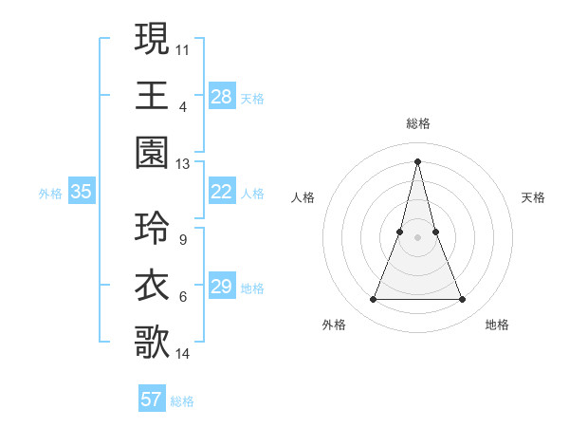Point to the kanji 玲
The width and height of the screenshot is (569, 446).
point(152,229)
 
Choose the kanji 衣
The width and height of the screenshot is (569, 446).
point(152,286)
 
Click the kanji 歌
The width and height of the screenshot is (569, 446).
point(152,343)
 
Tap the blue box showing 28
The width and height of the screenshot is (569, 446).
point(221,97)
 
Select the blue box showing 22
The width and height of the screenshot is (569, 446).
point(221,193)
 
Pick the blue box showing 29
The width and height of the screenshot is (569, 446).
point(221,288)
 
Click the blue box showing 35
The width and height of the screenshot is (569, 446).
point(81,193)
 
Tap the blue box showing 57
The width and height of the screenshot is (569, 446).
point(151,400)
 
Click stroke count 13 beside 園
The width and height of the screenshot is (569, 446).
point(182,164)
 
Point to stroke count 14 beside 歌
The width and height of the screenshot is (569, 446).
point(182,354)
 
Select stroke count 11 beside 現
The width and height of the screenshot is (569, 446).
point(182,48)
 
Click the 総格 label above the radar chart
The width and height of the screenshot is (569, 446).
point(417,123)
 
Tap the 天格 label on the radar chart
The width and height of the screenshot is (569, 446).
point(534,197)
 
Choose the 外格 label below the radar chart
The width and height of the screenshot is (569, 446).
point(333,325)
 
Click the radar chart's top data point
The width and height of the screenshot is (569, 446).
point(417,160)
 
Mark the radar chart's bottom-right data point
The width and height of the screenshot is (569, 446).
point(463,300)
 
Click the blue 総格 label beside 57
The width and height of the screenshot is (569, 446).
point(182,401)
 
